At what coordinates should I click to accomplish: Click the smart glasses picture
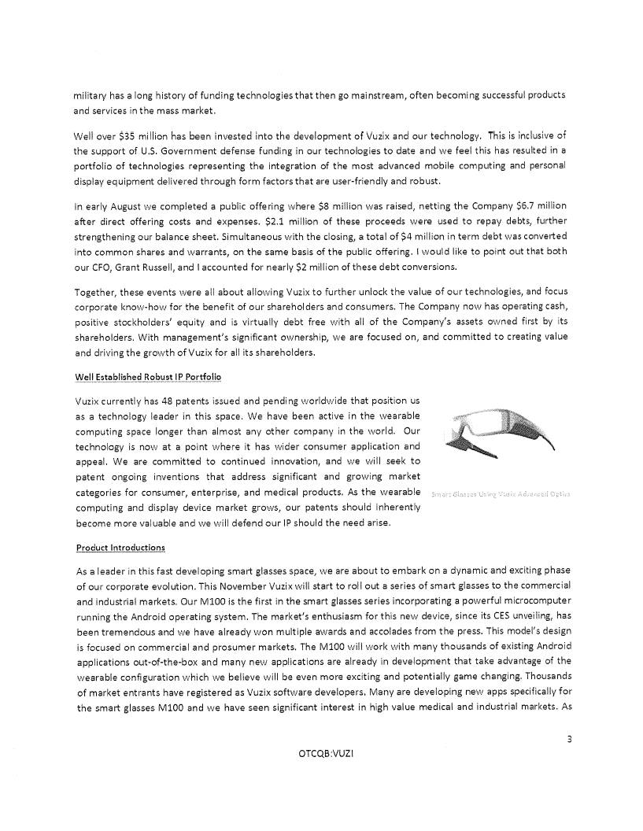(x=501, y=435)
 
